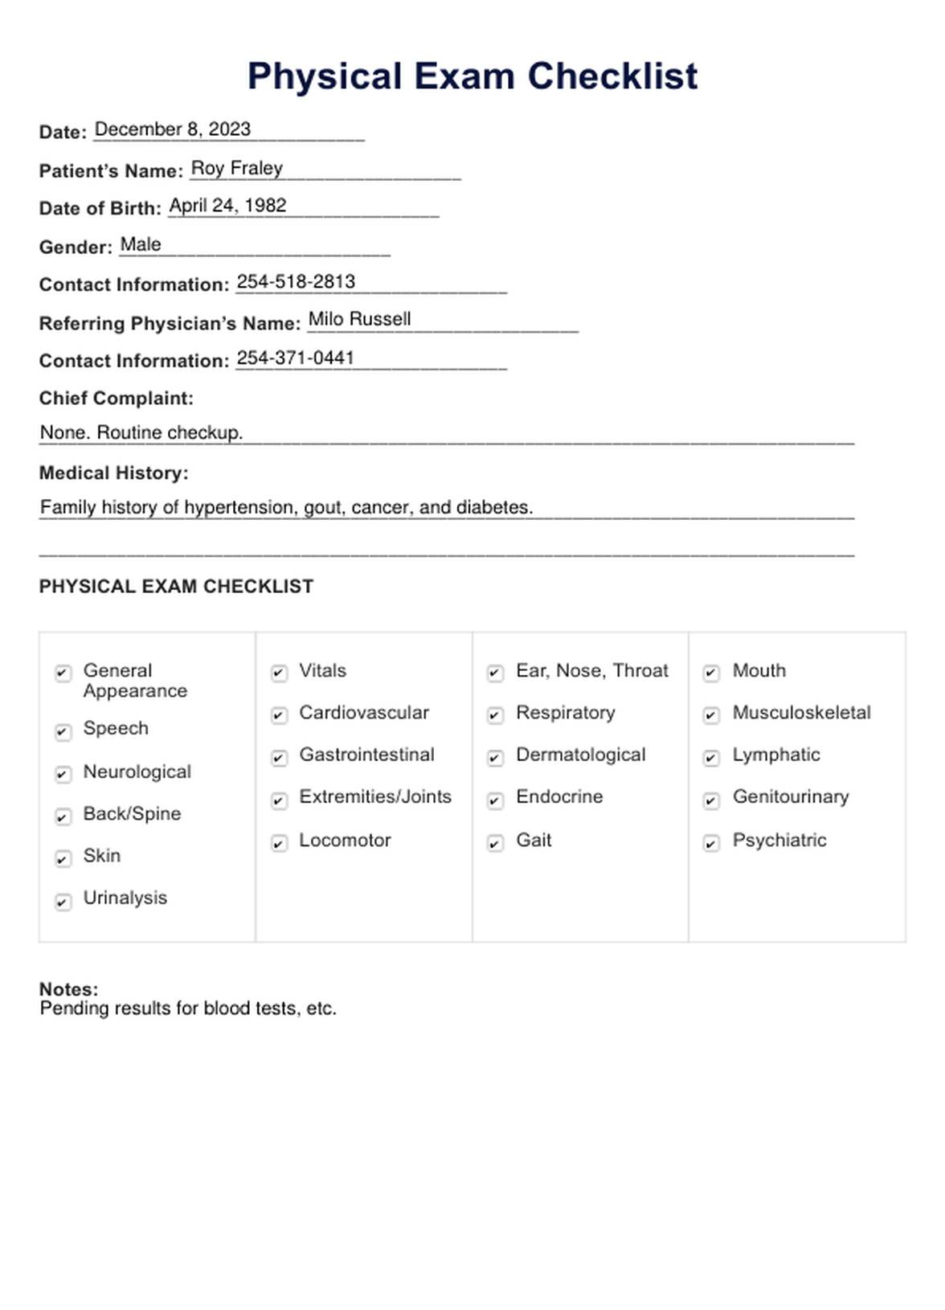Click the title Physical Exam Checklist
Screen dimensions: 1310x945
(472, 77)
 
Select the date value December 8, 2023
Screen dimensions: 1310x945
(172, 129)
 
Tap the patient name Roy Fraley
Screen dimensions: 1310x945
(236, 168)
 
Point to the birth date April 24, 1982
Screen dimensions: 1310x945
(227, 206)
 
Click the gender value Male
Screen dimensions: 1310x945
(141, 244)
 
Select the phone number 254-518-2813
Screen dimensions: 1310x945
(296, 282)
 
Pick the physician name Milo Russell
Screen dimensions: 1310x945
(359, 319)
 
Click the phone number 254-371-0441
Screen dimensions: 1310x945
(295, 358)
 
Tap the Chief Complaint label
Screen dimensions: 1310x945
(116, 399)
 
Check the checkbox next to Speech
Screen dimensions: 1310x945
(63, 731)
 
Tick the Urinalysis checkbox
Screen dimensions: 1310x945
(63, 902)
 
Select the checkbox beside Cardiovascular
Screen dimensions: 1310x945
(279, 715)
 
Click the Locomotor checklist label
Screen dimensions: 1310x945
(345, 841)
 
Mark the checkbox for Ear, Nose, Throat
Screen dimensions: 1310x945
(495, 673)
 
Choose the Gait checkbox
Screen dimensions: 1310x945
(495, 842)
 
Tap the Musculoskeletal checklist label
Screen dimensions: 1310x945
(801, 713)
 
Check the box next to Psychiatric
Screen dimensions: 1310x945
(711, 842)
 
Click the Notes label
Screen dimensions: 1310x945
(68, 989)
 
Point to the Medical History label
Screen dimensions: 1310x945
(113, 473)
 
